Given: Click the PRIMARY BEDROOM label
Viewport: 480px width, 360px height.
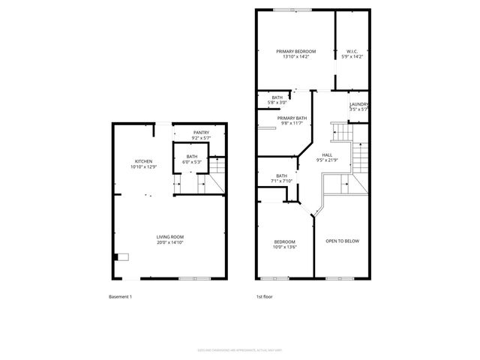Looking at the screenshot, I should coord(294,51).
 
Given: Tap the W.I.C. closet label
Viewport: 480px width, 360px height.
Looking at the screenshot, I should coord(352,51).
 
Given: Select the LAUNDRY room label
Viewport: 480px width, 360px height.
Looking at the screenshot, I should coord(358,104).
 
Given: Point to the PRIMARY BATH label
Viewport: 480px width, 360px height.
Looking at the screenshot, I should coord(292,118).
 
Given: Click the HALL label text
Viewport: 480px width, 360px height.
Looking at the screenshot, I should coord(328,154).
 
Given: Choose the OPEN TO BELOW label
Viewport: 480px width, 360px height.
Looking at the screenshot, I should coord(341,241).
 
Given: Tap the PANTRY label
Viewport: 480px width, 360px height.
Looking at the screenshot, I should coord(201,133).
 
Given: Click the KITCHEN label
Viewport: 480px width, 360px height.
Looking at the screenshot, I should coord(144,161).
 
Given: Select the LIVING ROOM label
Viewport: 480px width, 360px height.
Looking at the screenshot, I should coord(170,237).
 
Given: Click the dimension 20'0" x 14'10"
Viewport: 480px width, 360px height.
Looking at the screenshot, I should coord(170,242).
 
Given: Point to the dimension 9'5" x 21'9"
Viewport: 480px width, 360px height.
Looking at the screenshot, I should coord(328,159).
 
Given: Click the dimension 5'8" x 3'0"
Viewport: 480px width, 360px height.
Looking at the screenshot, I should coord(277,102).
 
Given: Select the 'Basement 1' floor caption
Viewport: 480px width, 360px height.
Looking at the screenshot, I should coord(120,297).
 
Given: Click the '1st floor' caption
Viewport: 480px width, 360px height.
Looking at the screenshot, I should coord(264,297).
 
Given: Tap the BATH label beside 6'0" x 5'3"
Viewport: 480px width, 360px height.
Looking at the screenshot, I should coord(192,156).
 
